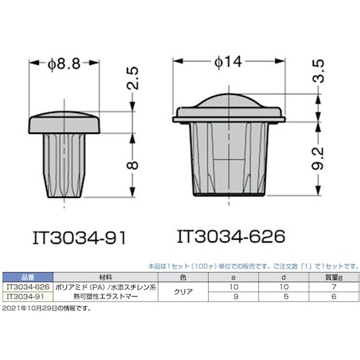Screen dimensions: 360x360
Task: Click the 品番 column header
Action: [23, 276]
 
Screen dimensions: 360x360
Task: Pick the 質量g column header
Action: [333, 276]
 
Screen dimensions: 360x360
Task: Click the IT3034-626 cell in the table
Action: [23, 285]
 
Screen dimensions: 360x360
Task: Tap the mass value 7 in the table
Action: [333, 285]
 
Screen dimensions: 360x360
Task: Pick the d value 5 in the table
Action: [287, 294]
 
